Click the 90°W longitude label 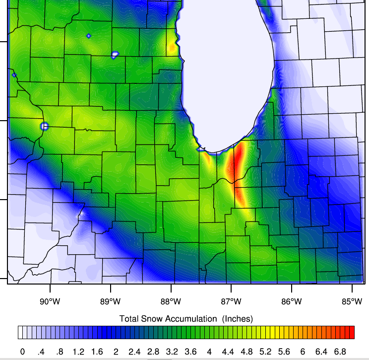[50, 301]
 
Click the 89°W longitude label [110, 301]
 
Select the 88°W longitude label [171, 301]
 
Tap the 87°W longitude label [231, 301]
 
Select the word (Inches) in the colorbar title [238, 318]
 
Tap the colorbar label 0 [22, 352]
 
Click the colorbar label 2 [116, 352]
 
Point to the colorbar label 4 [209, 352]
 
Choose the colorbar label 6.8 [340, 352]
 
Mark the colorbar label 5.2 [265, 352]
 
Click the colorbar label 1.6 [97, 352]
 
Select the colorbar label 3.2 [172, 352]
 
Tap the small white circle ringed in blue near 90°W [44, 126]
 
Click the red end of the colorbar [351, 332]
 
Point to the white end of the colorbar [20, 332]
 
